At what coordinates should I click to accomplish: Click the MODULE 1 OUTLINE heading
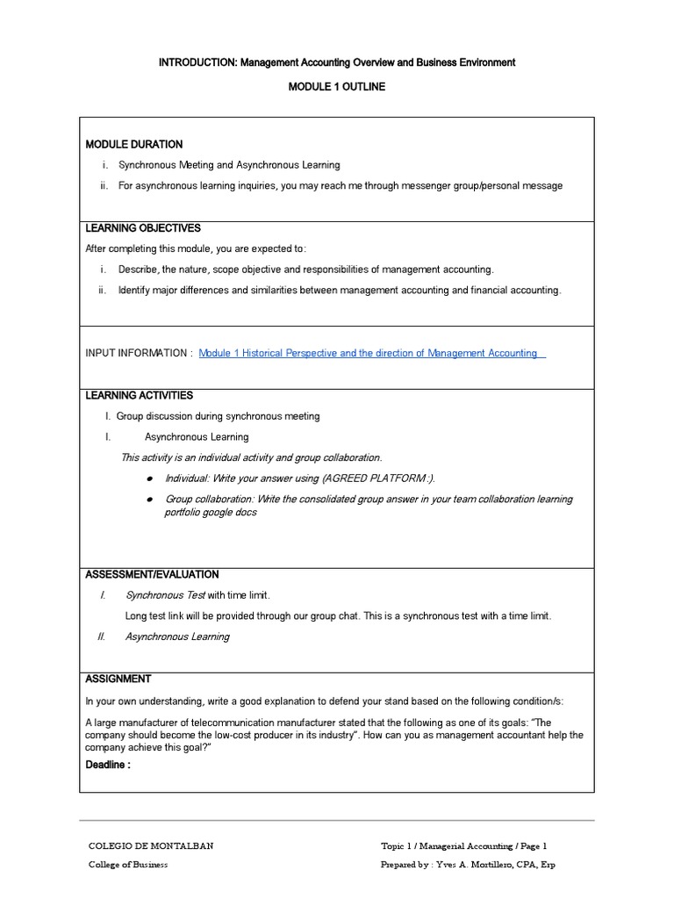(337, 87)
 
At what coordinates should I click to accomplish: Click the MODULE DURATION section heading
(134, 144)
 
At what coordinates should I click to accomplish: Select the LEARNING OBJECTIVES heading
(143, 228)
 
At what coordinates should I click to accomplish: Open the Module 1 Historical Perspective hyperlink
(369, 353)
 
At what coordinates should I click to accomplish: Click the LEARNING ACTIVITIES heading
(139, 396)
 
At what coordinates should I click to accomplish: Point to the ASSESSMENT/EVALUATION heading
(152, 574)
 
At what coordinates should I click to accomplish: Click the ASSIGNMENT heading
(118, 679)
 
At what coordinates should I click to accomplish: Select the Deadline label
(107, 765)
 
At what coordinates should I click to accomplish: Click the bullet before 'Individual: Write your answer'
(150, 478)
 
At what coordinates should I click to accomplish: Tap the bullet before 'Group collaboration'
(150, 500)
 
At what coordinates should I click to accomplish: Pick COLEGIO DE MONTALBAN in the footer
(151, 846)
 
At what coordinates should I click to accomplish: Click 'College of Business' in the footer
(128, 865)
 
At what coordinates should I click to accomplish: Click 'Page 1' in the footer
(533, 846)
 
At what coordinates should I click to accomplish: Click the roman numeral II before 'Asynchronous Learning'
(101, 636)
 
